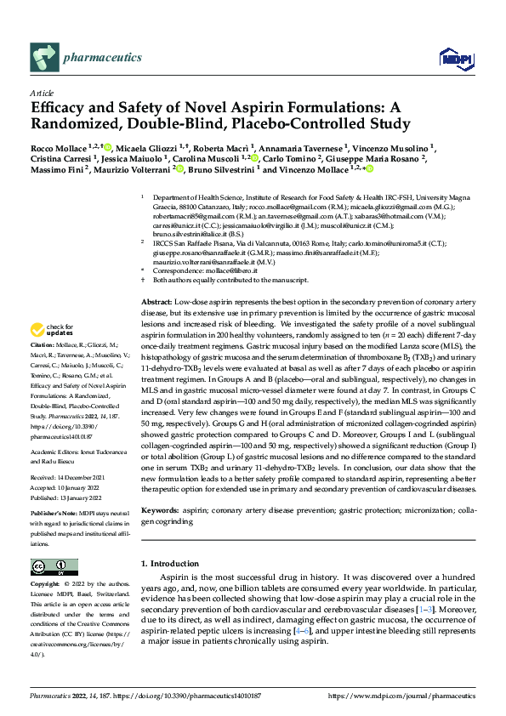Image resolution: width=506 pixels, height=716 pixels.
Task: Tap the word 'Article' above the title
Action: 42,92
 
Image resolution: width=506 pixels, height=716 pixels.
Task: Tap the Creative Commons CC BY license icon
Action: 54,567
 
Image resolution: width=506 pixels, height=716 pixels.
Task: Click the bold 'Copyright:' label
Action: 46,585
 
